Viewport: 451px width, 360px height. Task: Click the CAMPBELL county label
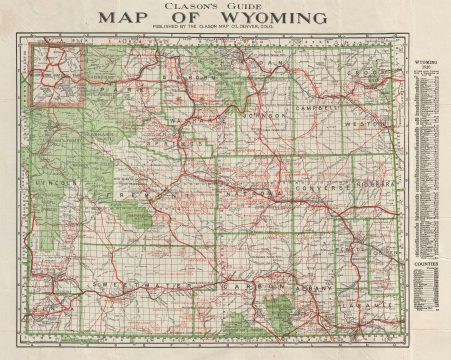317,104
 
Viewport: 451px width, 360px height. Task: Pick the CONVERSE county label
322,188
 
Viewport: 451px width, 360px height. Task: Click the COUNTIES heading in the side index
425,267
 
